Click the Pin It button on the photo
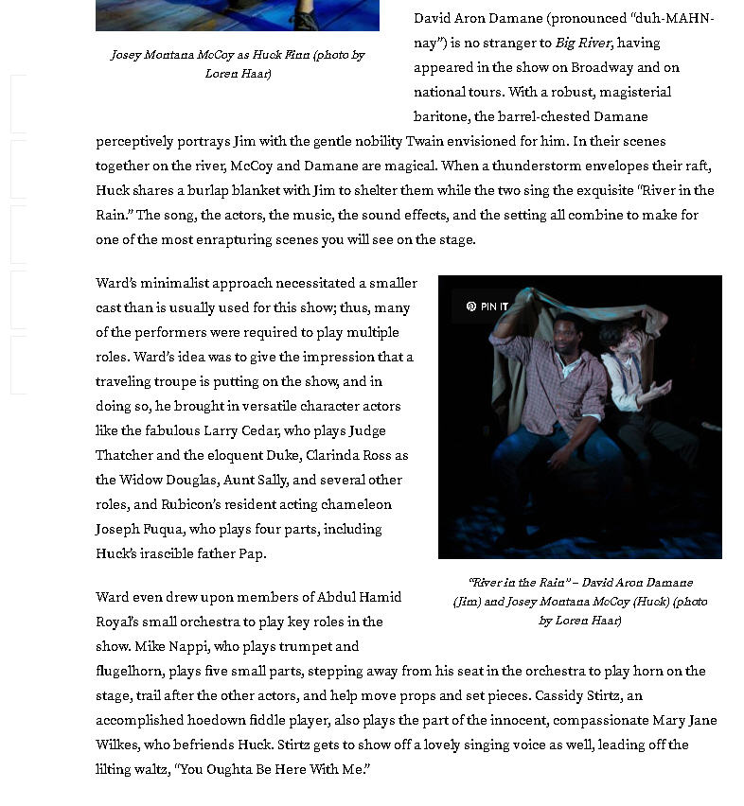click(x=487, y=307)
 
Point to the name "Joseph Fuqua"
click(x=139, y=529)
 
